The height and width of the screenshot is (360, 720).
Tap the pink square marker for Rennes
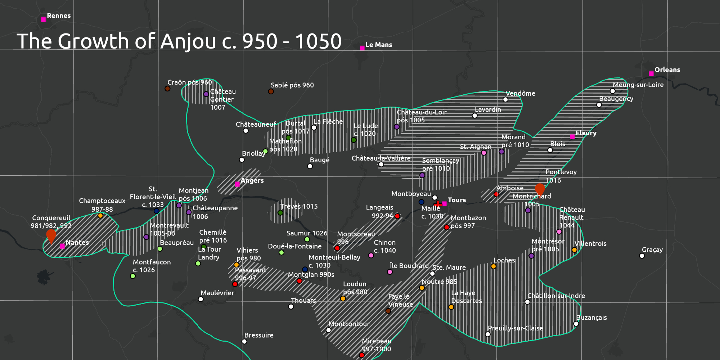[x=44, y=19]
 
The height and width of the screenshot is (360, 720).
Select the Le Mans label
[x=378, y=45]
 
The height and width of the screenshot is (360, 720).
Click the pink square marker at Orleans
[x=651, y=73]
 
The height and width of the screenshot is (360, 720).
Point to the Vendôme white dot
[x=505, y=100]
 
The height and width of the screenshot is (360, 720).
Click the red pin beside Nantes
[x=51, y=236]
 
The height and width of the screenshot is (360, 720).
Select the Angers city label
[x=252, y=181]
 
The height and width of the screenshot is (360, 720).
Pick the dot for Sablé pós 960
[x=271, y=91]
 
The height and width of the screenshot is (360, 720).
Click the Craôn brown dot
[x=167, y=89]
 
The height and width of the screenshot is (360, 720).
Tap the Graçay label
[x=652, y=249]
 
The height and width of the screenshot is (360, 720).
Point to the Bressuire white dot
[x=244, y=341]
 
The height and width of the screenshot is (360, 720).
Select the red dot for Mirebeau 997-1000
[x=362, y=355]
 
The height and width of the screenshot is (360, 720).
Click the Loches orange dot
[x=494, y=266]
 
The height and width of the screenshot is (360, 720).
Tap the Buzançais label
[x=591, y=318]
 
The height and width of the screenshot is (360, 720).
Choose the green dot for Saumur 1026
[x=307, y=239]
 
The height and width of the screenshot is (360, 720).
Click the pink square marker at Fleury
[x=572, y=137]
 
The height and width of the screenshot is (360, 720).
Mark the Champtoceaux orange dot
[x=100, y=216]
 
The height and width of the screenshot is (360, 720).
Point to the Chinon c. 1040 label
[x=384, y=246]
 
